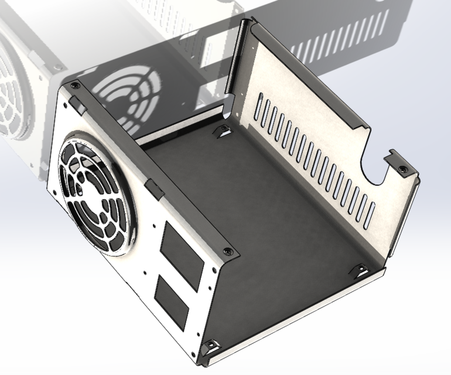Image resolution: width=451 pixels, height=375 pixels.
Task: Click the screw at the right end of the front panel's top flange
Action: tap(228, 252)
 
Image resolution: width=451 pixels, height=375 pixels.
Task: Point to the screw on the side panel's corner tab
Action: tap(404, 169)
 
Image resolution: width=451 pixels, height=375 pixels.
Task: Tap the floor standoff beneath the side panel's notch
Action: tap(361, 270)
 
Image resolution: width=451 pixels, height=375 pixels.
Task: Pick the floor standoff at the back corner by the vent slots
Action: tap(223, 130)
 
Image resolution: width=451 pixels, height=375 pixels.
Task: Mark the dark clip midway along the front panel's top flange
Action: tap(155, 187)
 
